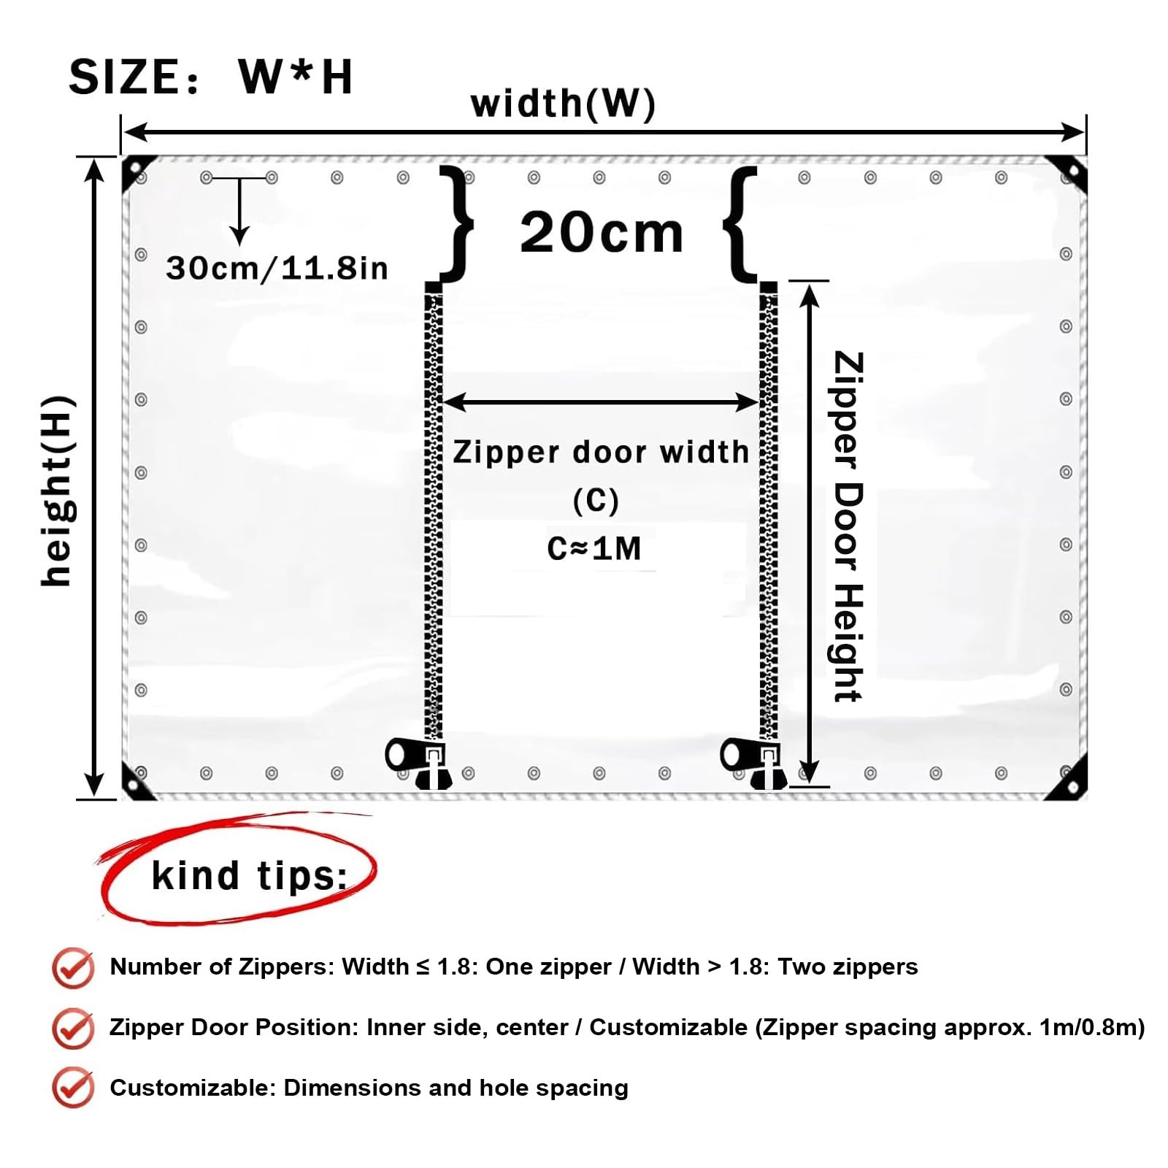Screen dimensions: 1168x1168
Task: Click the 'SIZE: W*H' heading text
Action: [211, 77]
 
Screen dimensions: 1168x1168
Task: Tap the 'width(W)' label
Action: [564, 103]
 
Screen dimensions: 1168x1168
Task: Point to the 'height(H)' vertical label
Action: [57, 491]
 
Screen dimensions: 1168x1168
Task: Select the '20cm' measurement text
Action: [602, 232]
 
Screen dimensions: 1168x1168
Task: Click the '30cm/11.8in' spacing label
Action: [277, 268]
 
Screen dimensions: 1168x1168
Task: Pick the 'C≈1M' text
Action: [594, 548]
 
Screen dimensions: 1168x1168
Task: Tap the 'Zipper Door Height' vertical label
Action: [848, 527]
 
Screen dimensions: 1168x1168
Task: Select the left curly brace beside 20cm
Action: [454, 223]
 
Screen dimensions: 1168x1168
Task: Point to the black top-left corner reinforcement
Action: [137, 172]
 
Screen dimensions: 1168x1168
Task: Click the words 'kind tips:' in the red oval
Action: [250, 875]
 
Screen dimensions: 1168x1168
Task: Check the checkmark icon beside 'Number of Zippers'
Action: [73, 968]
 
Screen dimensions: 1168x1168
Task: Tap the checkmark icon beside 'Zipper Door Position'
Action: [73, 1029]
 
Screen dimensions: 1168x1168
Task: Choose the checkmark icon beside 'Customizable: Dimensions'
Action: [73, 1088]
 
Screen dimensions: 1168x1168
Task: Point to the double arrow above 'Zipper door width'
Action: [600, 401]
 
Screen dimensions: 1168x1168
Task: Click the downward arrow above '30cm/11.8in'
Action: [239, 211]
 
